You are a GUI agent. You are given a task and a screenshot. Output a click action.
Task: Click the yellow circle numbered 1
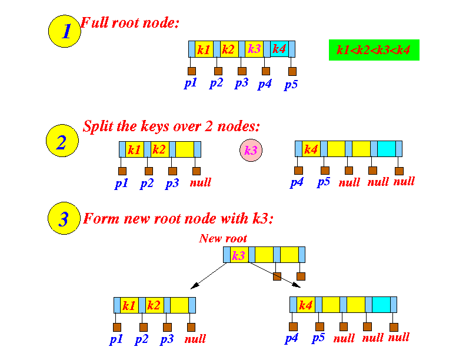point(64,31)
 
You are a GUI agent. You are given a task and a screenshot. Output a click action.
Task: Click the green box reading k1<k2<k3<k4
point(374,50)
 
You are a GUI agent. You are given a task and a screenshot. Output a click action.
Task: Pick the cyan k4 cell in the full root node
point(279,49)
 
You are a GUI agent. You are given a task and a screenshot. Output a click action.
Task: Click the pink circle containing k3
point(251,151)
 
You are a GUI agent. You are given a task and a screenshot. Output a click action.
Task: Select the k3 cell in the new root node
point(239,255)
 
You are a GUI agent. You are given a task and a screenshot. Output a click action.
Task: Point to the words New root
point(223,238)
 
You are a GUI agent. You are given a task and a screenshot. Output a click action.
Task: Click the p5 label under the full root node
point(291,85)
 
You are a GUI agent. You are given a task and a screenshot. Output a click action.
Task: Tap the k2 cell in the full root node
point(229,49)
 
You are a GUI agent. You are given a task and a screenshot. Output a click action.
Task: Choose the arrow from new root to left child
point(209,275)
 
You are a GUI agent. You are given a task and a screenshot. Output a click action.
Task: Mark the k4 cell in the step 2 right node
point(311,149)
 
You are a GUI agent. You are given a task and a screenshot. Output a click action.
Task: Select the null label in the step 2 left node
point(200,182)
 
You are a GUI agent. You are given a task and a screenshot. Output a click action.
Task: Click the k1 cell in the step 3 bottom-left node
point(129,305)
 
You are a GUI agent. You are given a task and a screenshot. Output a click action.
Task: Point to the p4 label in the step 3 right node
point(292,338)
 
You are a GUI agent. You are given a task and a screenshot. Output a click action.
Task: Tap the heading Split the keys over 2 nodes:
point(171,126)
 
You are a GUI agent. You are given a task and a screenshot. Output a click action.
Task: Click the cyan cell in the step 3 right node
point(381,305)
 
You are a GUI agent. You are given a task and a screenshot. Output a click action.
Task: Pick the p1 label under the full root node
point(190,83)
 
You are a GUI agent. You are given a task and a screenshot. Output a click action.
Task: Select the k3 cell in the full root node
point(254,49)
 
